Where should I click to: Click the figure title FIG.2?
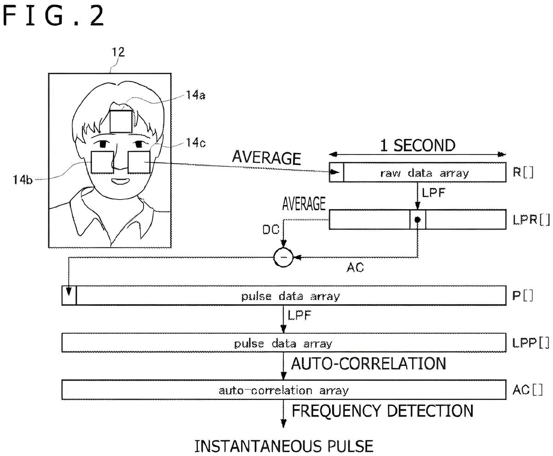(53, 16)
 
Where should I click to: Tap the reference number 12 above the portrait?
(118, 52)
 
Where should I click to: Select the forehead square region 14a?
(121, 121)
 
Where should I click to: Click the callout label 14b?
(23, 180)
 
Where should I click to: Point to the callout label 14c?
(196, 142)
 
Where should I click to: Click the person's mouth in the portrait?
(120, 181)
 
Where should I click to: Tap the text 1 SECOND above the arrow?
(418, 146)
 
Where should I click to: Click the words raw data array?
(425, 173)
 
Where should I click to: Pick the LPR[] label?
(531, 220)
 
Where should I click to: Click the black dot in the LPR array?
(417, 219)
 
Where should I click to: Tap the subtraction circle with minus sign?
(283, 257)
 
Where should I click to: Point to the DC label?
(271, 230)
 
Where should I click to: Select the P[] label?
(523, 296)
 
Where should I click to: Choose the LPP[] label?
(531, 343)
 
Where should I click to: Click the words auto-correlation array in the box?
(284, 390)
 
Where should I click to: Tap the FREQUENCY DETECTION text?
(382, 411)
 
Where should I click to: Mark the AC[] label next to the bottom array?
(527, 390)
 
